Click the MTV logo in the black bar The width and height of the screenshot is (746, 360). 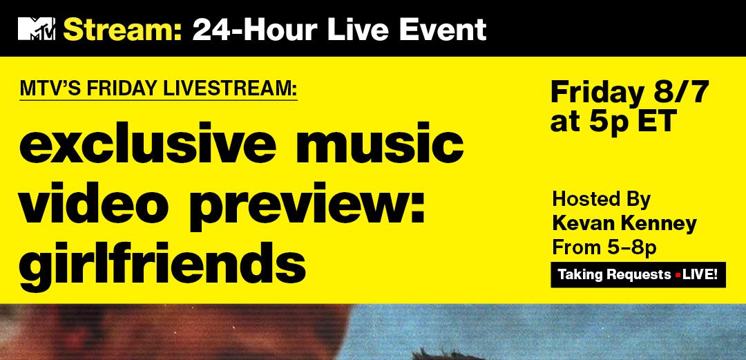[x=37, y=28]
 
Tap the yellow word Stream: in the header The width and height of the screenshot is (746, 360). [x=123, y=30]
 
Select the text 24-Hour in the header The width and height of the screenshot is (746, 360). [x=254, y=30]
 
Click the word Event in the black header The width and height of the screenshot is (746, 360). [x=443, y=30]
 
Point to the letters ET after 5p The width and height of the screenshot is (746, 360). [x=657, y=121]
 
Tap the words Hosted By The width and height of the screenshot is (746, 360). [x=602, y=200]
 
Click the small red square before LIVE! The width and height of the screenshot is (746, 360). [x=678, y=275]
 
